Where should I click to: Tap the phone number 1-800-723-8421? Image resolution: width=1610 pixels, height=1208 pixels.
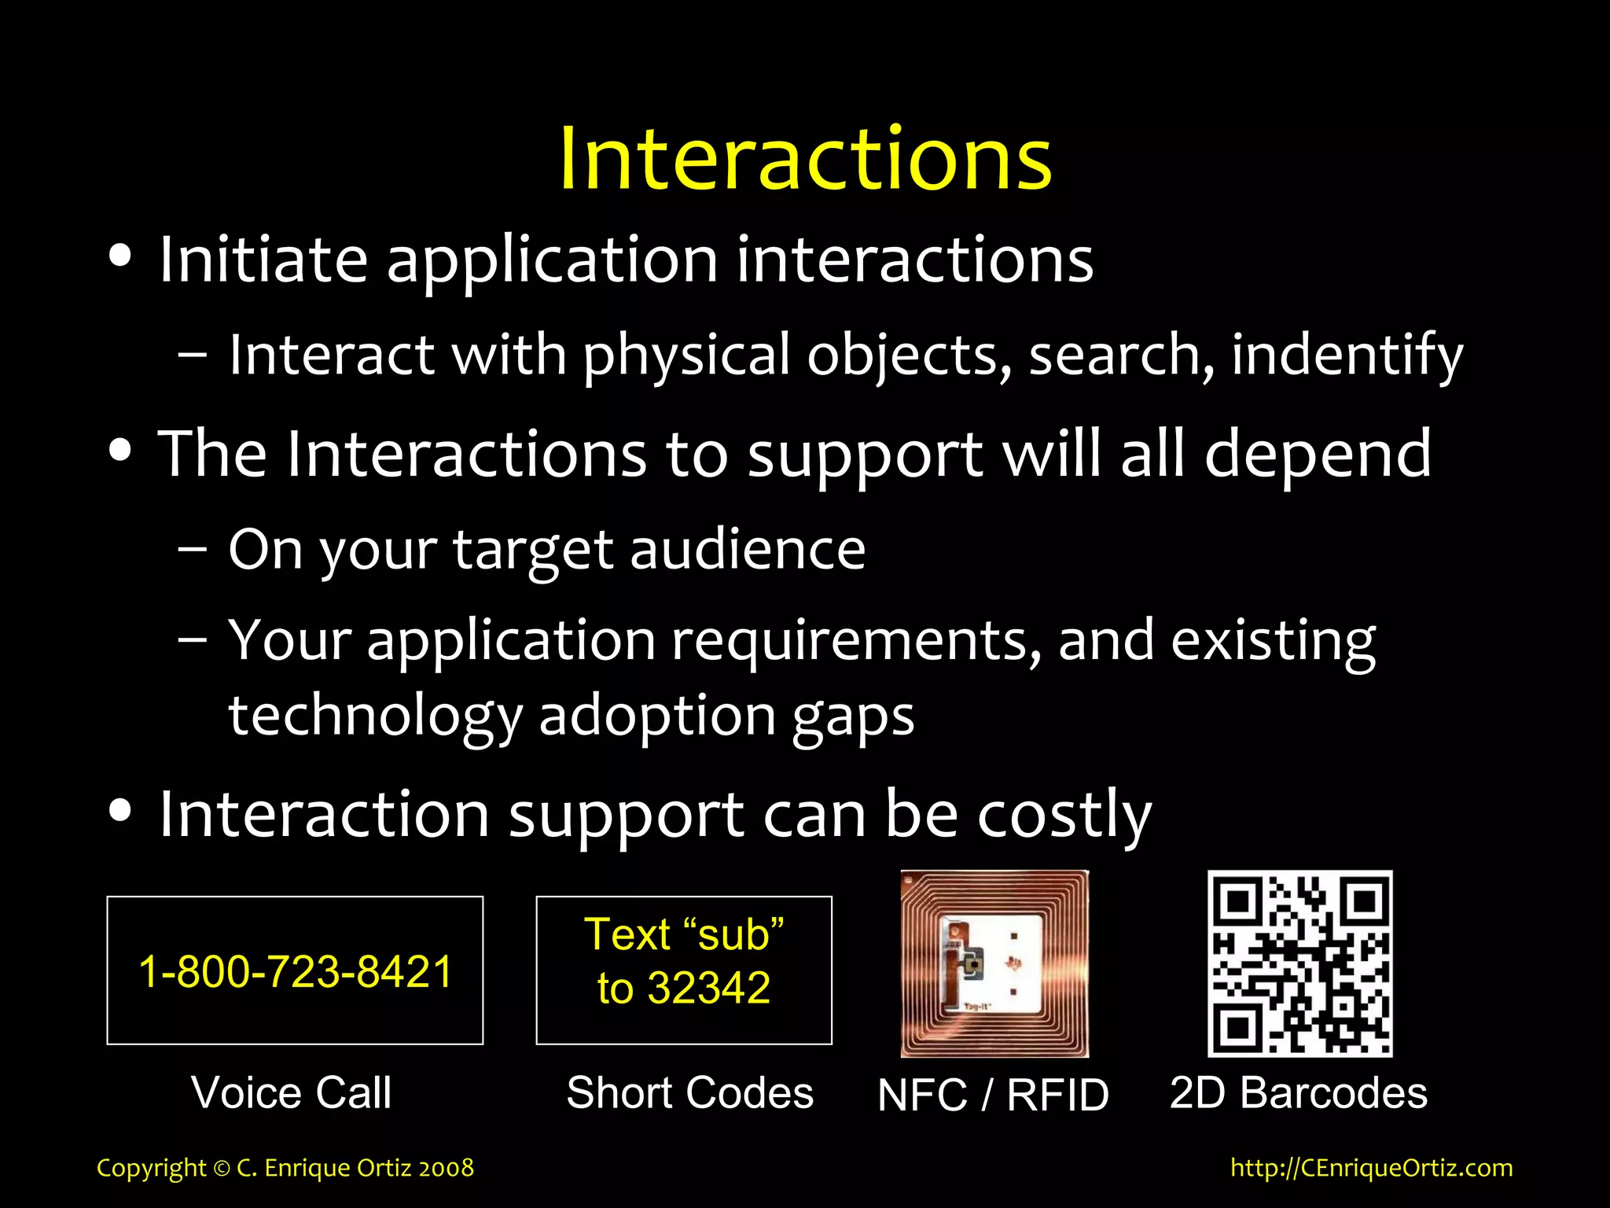tap(296, 971)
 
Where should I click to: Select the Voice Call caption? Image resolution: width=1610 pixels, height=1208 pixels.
tap(291, 1092)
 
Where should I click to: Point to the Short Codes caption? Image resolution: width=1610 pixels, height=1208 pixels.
tap(689, 1092)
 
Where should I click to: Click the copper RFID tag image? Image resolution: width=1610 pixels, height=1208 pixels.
tap(994, 963)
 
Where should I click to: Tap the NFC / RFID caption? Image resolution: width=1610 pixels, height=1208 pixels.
tap(993, 1095)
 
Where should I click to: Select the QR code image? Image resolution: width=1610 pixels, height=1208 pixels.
tap(1299, 963)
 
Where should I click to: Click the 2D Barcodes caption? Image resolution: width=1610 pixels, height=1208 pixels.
tap(1298, 1092)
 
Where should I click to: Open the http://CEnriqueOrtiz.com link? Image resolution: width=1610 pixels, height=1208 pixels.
tap(1371, 1167)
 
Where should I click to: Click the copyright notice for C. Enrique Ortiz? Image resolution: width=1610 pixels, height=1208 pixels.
tap(285, 1167)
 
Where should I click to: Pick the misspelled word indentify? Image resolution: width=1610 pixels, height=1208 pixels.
tap(1347, 355)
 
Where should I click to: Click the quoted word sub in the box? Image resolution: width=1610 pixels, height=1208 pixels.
tap(733, 935)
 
